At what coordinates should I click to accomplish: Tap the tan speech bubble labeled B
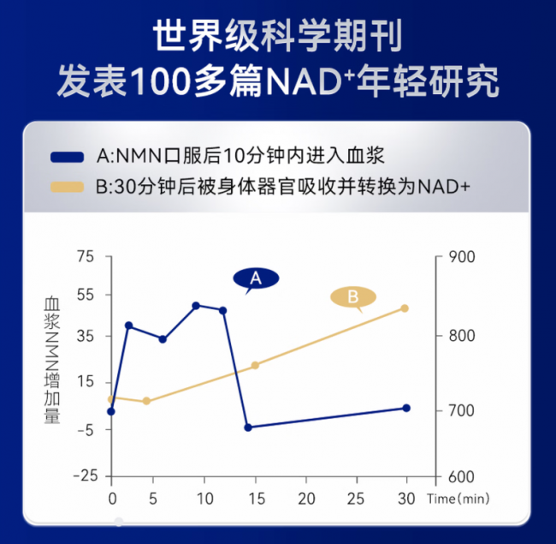(x=352, y=297)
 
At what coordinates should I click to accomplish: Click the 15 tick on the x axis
(x=255, y=498)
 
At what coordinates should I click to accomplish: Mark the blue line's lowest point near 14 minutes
(x=248, y=427)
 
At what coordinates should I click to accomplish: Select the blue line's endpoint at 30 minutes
(x=406, y=408)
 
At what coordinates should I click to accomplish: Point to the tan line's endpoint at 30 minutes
(x=405, y=308)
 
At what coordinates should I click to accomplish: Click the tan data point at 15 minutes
(x=255, y=365)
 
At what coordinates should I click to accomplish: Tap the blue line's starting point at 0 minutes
(x=111, y=411)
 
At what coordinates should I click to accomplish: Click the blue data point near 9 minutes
(x=196, y=305)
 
